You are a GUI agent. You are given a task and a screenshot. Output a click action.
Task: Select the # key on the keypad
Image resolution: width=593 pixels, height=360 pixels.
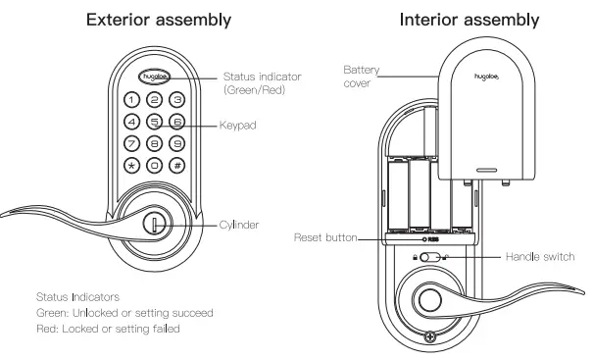176,164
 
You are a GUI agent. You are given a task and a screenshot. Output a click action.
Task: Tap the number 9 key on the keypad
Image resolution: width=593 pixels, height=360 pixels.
176,143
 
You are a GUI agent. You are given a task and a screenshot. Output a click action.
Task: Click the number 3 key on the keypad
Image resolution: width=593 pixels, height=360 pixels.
176,100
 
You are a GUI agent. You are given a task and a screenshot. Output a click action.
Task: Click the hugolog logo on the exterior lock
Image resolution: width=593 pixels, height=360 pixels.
154,75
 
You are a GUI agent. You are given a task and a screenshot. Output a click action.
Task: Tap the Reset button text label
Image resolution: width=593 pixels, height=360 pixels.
324,237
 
